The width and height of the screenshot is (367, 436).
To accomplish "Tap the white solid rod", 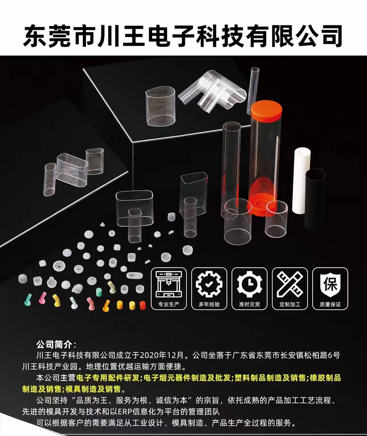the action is point(301,181).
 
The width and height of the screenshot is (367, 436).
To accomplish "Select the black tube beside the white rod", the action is point(315,199).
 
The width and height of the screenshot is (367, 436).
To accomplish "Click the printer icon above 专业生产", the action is point(169,284).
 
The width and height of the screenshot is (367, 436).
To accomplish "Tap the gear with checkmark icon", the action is point(209,284).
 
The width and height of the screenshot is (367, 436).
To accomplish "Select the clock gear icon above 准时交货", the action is point(249,284).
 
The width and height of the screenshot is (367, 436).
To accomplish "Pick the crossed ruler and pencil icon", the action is point(290,284).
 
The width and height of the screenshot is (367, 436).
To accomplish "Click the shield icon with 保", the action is point(330,284).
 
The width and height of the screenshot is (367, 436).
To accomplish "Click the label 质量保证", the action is point(330,304).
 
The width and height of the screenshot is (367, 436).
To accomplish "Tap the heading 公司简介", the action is point(54,345).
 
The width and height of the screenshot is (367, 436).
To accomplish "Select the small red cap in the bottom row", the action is point(142,305).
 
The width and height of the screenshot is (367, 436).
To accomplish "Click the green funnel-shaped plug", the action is point(28,300).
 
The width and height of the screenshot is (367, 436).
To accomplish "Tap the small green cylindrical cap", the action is point(99,292).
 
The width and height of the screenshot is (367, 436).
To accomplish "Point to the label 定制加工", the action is point(290,304).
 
